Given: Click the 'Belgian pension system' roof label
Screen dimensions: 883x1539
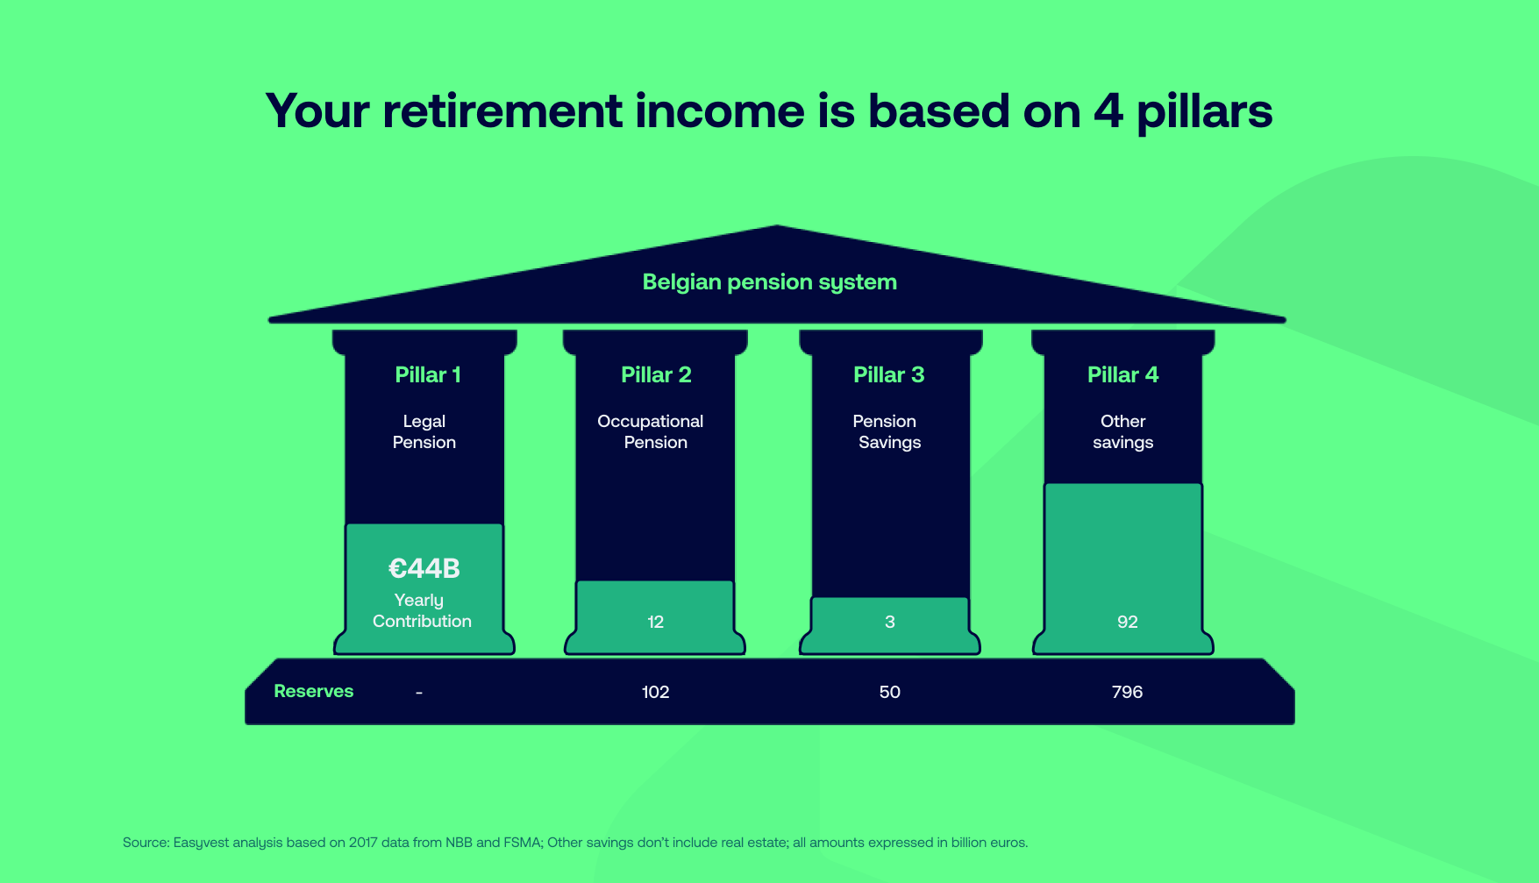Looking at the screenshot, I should (x=769, y=282).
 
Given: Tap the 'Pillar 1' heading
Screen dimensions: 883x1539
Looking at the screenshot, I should (x=427, y=375).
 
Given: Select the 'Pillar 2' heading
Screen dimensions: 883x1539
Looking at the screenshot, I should (x=656, y=375).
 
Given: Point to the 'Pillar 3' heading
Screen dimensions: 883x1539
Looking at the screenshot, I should (x=888, y=375).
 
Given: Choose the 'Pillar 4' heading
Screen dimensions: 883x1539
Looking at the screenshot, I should (x=1122, y=375).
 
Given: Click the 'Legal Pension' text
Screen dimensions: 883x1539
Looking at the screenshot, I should (x=424, y=431).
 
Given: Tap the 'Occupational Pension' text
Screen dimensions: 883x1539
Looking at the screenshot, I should (x=651, y=431).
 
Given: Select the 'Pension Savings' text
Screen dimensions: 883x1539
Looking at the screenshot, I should (x=887, y=431).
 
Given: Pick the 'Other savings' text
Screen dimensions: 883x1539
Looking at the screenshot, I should (x=1122, y=431).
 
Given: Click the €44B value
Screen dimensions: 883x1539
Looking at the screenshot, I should (x=424, y=568).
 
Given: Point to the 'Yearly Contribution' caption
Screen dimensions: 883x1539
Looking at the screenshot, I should (x=422, y=610).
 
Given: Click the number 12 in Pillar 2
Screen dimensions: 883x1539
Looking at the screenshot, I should (x=655, y=622).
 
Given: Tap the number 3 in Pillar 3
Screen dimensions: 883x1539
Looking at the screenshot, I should (x=889, y=622).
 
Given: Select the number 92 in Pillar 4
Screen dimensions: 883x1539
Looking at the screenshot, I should (x=1127, y=622).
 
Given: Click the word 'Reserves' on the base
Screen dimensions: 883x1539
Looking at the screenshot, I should (x=313, y=691).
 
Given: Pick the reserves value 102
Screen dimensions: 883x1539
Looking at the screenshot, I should (x=655, y=692).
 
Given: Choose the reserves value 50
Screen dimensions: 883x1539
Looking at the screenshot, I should (x=889, y=692).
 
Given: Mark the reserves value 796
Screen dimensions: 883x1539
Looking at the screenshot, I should (x=1127, y=692).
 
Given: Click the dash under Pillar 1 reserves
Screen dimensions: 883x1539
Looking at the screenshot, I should (x=419, y=693).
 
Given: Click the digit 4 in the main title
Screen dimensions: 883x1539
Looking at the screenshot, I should (x=1108, y=111).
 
